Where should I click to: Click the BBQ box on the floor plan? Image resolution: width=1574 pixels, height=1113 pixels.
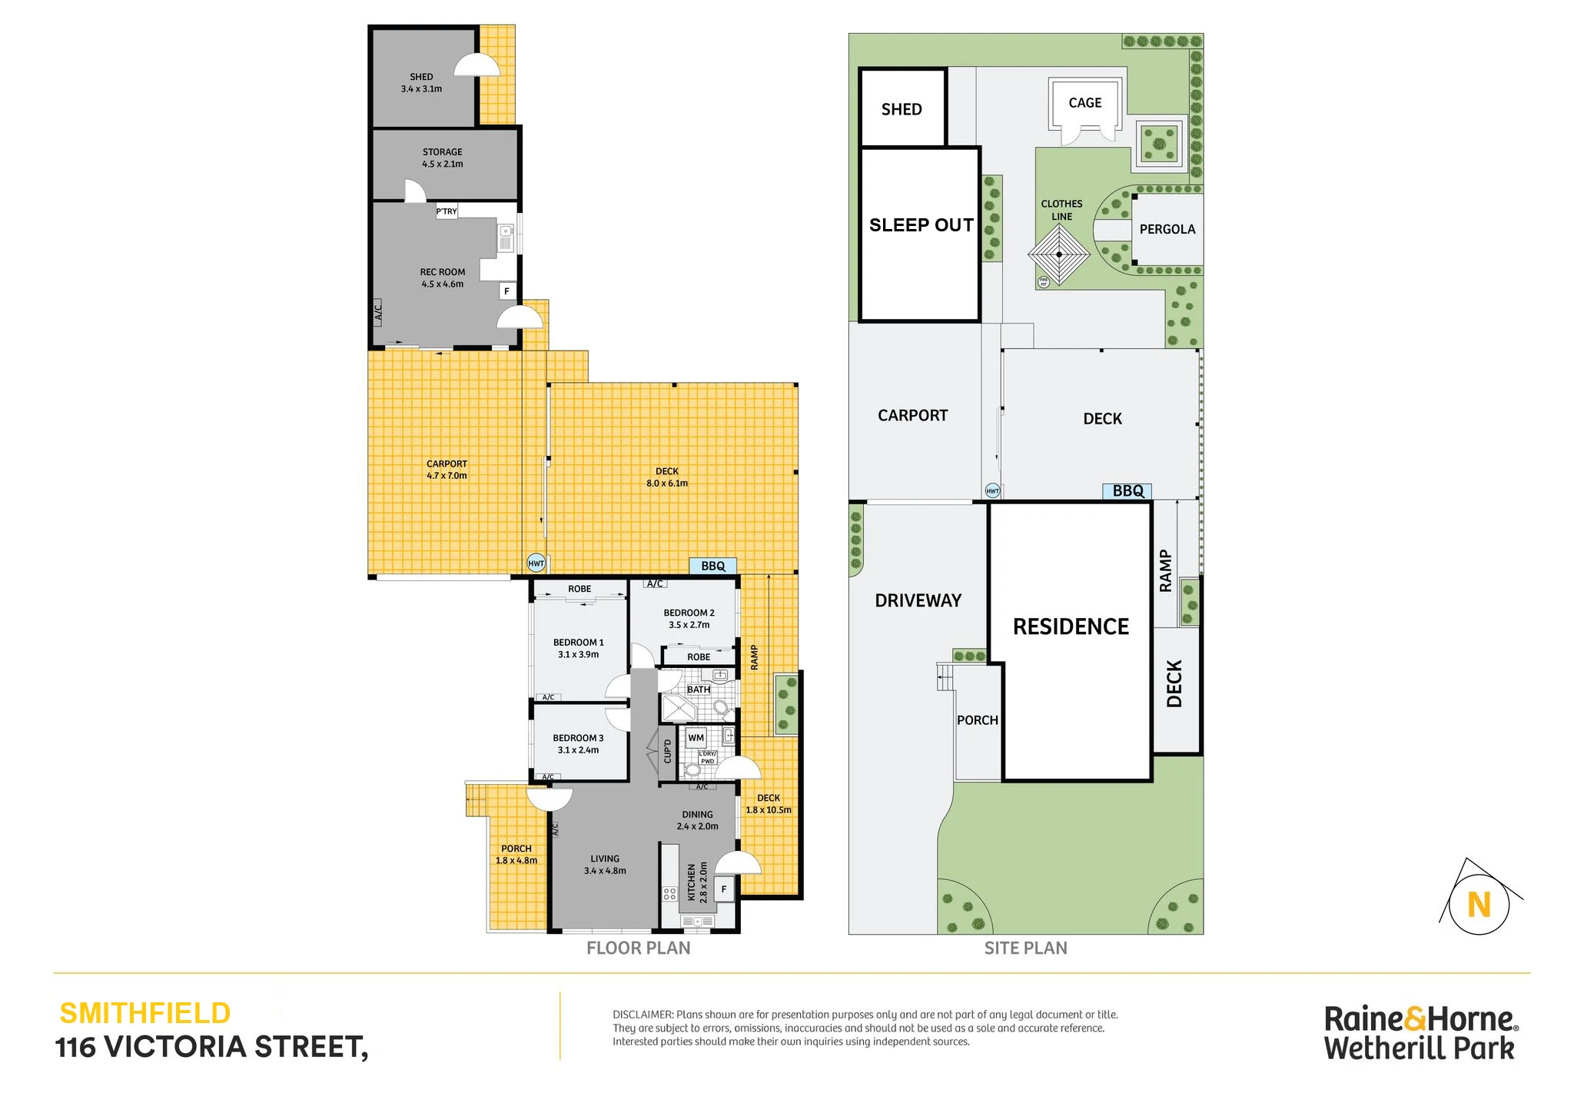712,566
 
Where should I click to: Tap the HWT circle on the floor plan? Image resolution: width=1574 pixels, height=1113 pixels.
536,563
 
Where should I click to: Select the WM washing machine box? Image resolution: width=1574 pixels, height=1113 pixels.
696,738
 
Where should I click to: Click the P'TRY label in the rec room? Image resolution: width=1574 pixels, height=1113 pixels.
447,211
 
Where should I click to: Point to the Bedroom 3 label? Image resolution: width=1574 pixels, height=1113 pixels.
578,744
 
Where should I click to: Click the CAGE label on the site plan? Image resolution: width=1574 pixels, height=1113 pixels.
1084,103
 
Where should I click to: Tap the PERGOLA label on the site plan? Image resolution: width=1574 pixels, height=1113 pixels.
1167,229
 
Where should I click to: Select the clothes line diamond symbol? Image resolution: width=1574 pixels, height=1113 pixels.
1059,254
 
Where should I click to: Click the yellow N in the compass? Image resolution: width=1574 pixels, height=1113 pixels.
1479,905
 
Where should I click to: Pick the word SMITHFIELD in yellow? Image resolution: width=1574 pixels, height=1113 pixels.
145,1013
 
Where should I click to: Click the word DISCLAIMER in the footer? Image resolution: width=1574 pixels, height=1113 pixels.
643,1015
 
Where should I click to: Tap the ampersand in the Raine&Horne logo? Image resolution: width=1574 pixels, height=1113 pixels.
1416,1019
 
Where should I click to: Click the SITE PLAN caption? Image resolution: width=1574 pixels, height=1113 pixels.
1025,949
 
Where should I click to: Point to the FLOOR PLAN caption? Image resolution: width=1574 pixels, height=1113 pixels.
638,949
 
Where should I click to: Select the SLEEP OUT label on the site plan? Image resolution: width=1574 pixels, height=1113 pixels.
921,225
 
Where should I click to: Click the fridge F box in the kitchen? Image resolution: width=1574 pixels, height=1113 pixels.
723,889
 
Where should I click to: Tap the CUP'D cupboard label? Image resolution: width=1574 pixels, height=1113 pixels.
667,751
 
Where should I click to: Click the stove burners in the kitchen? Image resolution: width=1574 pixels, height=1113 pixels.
669,894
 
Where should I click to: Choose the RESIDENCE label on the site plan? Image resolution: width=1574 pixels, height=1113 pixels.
1071,627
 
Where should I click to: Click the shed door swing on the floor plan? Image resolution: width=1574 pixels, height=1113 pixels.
477,65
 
